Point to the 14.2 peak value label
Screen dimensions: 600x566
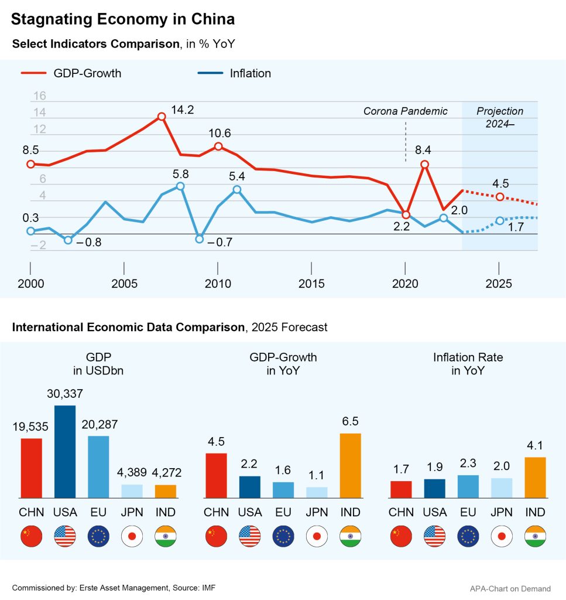click(x=182, y=110)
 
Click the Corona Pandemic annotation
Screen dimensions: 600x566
click(x=405, y=111)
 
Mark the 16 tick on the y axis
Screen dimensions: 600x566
click(x=39, y=96)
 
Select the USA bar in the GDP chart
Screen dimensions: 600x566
click(x=65, y=451)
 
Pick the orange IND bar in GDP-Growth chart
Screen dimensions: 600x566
click(x=351, y=466)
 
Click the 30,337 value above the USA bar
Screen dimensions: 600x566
click(x=65, y=394)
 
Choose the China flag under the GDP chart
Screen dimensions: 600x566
click(x=31, y=536)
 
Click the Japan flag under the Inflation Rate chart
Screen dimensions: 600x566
click(x=502, y=536)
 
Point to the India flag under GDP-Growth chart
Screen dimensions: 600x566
click(x=351, y=536)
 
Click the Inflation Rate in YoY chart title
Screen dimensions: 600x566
click(x=468, y=363)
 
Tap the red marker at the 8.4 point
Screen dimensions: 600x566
click(x=425, y=165)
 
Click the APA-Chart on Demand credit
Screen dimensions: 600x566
click(x=510, y=588)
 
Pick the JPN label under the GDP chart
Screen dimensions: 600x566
click(x=132, y=512)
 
